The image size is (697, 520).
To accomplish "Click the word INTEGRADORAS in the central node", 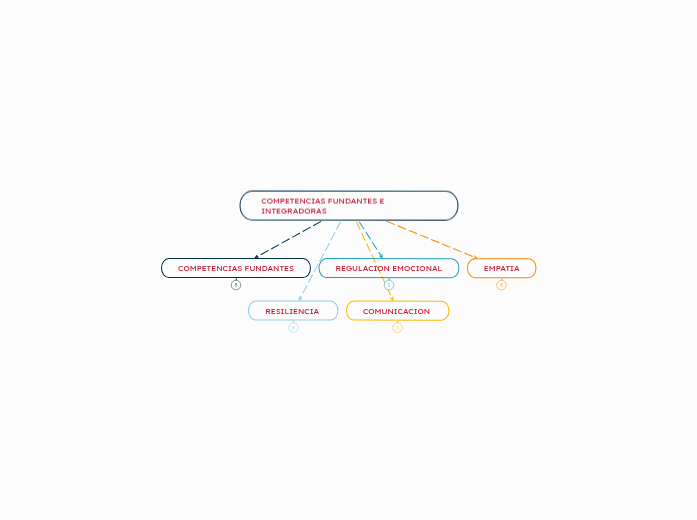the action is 294,211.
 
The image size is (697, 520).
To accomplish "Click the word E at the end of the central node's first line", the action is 382,201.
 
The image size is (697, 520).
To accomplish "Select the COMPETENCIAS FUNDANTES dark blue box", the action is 236,268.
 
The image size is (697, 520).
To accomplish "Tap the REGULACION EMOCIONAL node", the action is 389,268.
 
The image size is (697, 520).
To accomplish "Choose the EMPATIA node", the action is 501,268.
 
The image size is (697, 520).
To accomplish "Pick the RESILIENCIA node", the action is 292,311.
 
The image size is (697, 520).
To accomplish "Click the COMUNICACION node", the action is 397,311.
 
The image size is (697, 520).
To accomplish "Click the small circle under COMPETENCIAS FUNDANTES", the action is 236,285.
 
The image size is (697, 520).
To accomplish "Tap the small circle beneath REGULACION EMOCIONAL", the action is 389,285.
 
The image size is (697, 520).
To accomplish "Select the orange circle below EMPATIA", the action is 501,285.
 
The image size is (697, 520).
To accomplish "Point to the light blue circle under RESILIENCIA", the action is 293,327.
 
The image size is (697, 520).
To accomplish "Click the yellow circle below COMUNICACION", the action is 397,327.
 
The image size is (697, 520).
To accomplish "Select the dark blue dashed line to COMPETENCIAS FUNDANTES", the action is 290,238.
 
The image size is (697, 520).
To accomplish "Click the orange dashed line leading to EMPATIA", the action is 430,239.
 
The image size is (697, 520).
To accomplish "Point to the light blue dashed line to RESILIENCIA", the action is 320,260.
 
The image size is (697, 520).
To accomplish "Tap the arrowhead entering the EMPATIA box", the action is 475,257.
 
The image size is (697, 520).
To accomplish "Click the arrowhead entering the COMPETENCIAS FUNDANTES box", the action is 257,256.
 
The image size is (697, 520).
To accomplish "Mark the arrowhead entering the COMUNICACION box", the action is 391,298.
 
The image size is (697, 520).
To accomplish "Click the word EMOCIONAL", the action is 417,268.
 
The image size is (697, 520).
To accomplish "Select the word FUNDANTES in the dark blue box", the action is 270,268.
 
